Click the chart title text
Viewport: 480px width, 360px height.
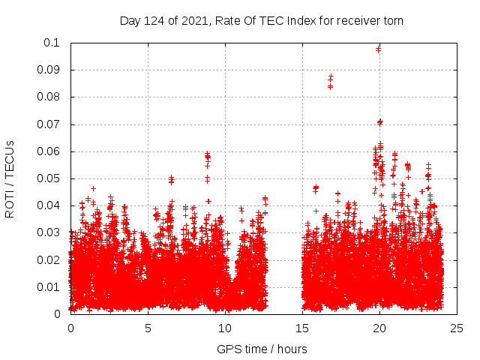262,20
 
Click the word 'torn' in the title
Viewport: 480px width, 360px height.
392,20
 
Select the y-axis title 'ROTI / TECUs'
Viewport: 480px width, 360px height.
10,178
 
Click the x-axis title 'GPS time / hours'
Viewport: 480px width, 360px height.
262,349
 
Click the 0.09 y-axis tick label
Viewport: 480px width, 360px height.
49,70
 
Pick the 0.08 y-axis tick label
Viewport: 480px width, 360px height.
49,97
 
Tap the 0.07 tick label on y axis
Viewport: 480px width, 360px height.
49,124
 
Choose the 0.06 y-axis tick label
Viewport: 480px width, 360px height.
49,151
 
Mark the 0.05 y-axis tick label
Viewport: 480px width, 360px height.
49,178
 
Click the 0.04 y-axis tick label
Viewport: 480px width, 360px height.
49,205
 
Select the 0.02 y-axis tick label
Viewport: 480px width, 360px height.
49,260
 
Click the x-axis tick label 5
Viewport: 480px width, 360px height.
148,328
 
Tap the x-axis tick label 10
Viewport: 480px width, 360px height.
225,328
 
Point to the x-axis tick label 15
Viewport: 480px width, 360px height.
302,328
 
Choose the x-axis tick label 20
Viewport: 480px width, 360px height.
379,328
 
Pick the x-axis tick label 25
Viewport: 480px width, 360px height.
457,328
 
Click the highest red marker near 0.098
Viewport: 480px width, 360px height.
378,49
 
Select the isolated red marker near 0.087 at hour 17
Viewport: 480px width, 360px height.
331,77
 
